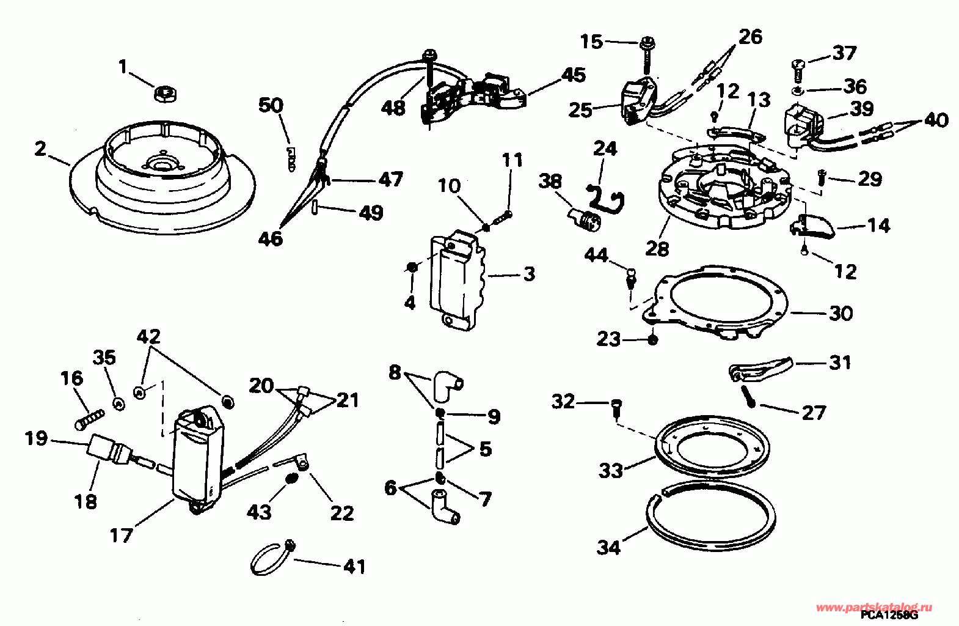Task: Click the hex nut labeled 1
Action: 166,94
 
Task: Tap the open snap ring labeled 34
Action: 710,515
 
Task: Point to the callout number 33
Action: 611,471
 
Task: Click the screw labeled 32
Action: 616,408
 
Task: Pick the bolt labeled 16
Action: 90,419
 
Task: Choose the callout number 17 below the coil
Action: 121,535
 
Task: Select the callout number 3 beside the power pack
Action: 529,274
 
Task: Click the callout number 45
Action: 573,75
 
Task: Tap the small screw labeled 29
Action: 821,177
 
